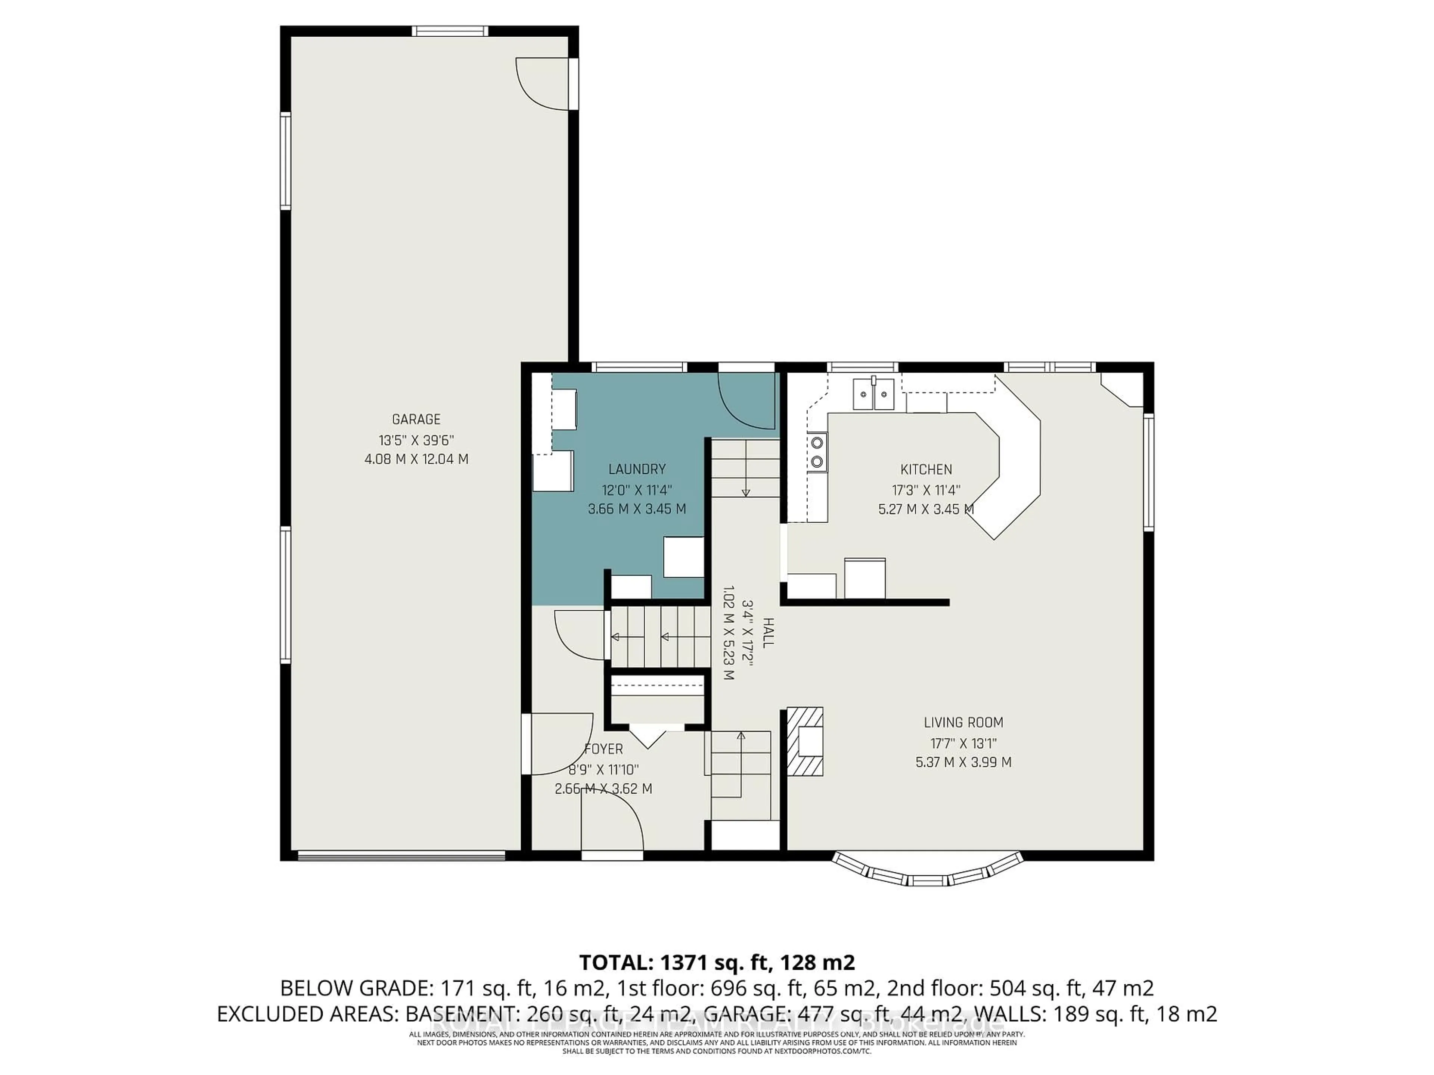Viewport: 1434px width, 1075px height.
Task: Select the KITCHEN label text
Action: (x=926, y=469)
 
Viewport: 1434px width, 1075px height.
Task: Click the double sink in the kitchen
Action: (x=874, y=394)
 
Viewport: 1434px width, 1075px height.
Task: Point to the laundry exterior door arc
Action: (x=745, y=402)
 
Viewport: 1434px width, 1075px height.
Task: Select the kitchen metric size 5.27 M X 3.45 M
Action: (x=926, y=509)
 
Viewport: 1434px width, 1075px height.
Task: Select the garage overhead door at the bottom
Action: (x=401, y=857)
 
